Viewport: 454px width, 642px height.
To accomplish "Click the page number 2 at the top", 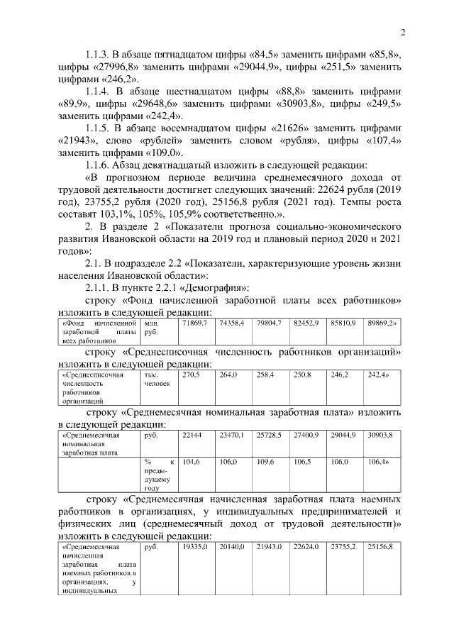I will tap(402, 33).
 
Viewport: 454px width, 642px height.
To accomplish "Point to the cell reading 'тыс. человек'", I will tap(156, 379).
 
